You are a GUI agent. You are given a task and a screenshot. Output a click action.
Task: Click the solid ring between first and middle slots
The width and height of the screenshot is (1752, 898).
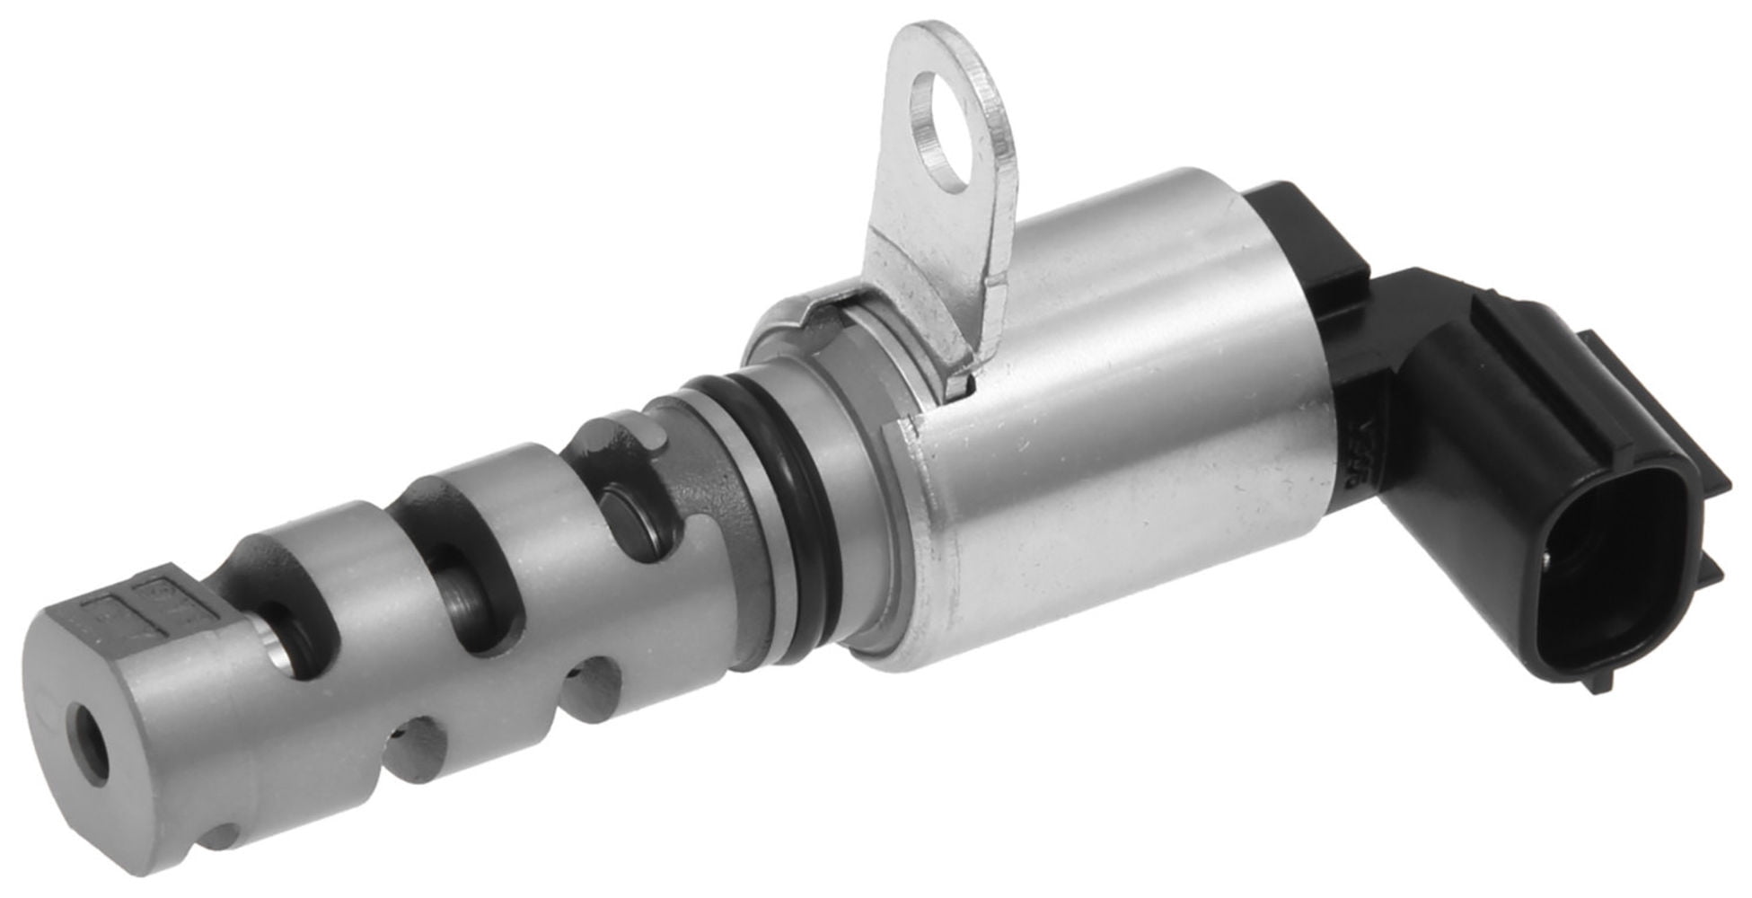point(368,629)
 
